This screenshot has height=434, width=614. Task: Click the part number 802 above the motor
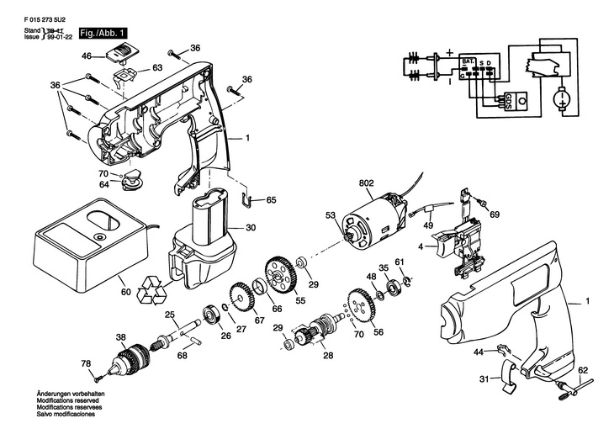click(365, 183)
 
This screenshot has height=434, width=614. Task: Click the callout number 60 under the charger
click(125, 293)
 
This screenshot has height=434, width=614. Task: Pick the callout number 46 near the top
click(86, 56)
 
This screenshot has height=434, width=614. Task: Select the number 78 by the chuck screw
click(85, 363)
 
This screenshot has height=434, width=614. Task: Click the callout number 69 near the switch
click(495, 215)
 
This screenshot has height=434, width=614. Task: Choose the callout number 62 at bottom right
click(583, 369)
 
